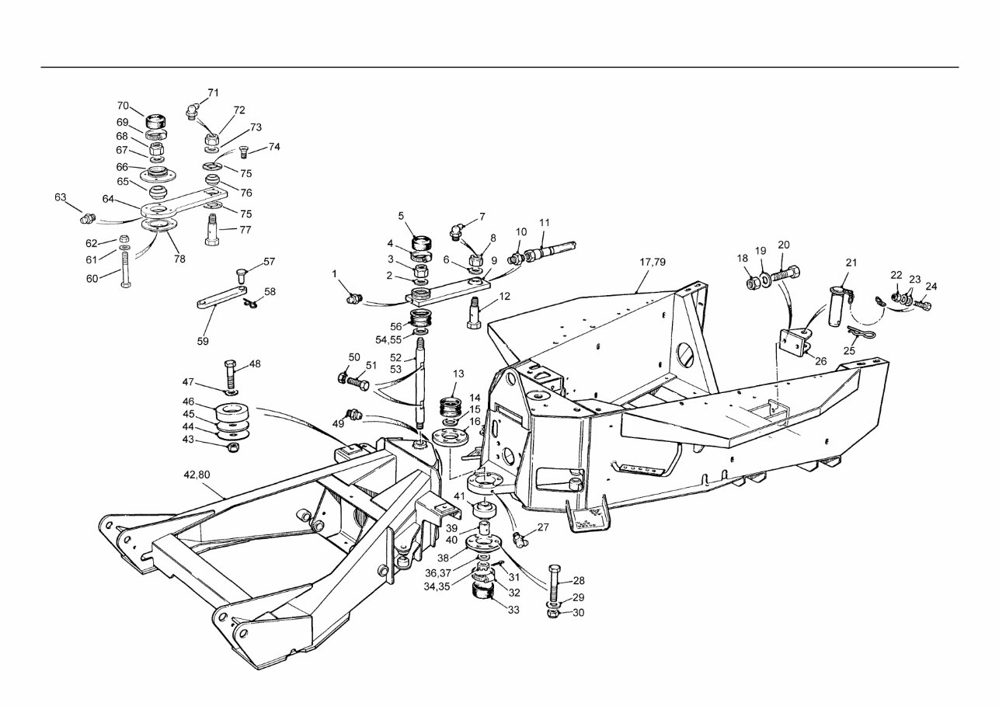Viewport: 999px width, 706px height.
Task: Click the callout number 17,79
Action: point(652,262)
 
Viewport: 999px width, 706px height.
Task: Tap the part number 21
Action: point(851,263)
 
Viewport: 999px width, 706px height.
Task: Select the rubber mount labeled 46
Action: point(231,412)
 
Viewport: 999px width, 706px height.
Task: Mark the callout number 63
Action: point(61,197)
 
